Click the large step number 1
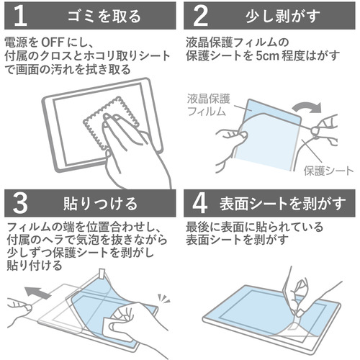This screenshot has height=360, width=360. pyautogui.click(x=20, y=16)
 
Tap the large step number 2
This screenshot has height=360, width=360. pyautogui.click(x=200, y=16)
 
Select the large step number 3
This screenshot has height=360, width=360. pyautogui.click(x=20, y=203)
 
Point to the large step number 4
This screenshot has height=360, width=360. pyautogui.click(x=199, y=203)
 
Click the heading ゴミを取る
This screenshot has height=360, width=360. pyautogui.click(x=104, y=17)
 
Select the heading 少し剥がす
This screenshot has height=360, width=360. pyautogui.click(x=283, y=17)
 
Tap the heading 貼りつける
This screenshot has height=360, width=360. pyautogui.click(x=100, y=204)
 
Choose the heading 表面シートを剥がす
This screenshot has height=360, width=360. pyautogui.click(x=282, y=204)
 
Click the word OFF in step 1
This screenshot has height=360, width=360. pyautogui.click(x=53, y=42)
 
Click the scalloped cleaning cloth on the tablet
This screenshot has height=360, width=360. pyautogui.click(x=111, y=122)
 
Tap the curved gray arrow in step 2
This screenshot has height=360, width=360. pyautogui.click(x=307, y=107)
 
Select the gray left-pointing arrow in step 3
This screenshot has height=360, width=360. pyautogui.click(x=38, y=293)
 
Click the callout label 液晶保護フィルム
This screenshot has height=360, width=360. pyautogui.click(x=208, y=105)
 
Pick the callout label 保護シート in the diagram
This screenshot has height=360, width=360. pyautogui.click(x=328, y=171)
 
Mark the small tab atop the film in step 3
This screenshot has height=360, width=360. pyautogui.click(x=103, y=274)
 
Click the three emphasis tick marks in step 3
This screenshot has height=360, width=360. pyautogui.click(x=163, y=299)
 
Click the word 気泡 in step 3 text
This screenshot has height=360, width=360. pyautogui.click(x=84, y=240)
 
